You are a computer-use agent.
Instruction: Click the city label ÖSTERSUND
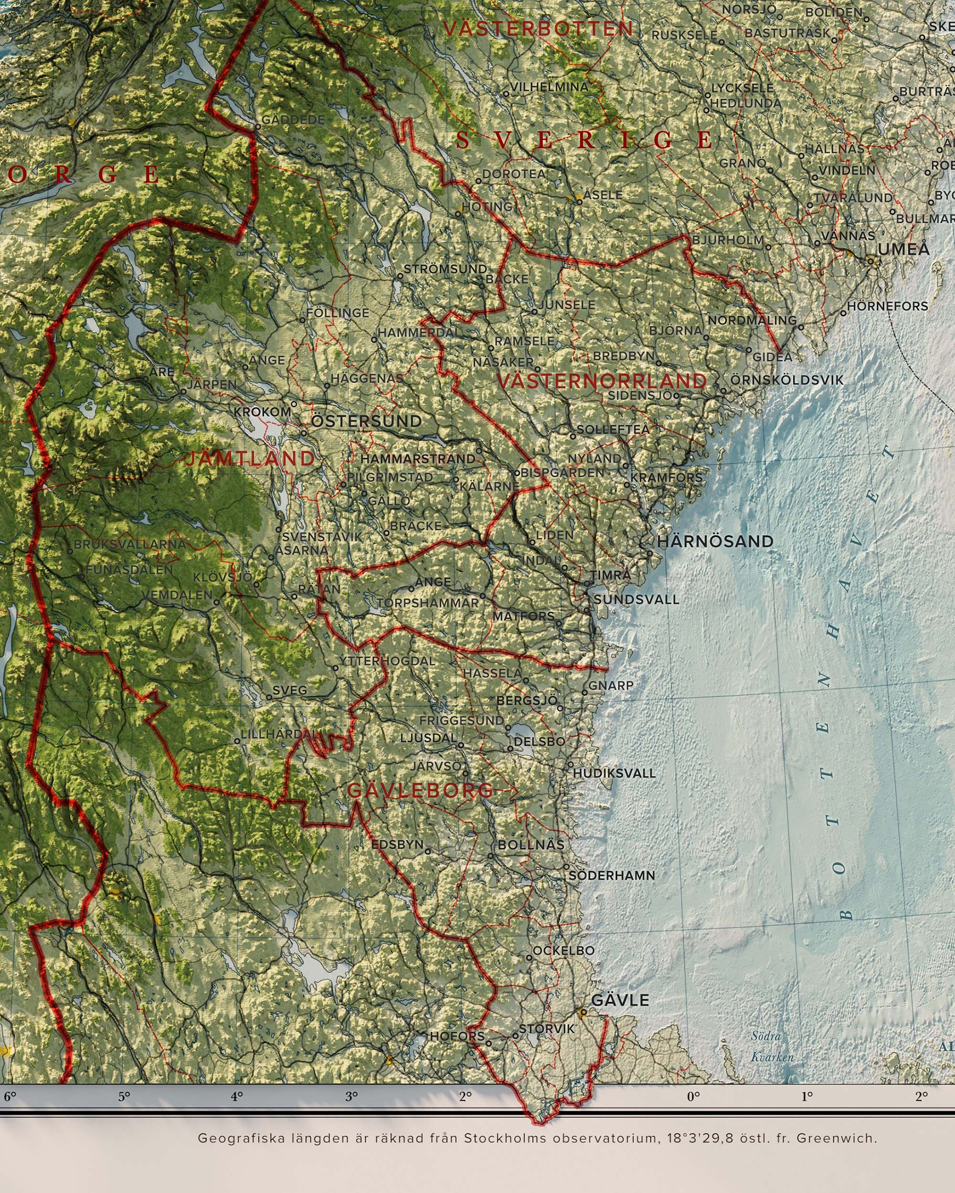click(367, 421)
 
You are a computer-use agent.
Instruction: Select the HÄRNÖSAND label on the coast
click(715, 541)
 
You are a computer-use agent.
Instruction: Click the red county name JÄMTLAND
click(250, 459)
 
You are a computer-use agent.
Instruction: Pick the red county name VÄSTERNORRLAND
click(602, 381)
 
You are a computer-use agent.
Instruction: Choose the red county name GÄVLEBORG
click(420, 790)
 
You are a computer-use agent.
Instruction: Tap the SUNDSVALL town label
click(636, 599)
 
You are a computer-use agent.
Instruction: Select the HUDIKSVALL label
click(614, 773)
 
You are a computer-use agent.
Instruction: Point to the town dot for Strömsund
click(400, 275)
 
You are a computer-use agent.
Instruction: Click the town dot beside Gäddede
click(257, 127)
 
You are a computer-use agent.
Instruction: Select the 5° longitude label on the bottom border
click(124, 1097)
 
